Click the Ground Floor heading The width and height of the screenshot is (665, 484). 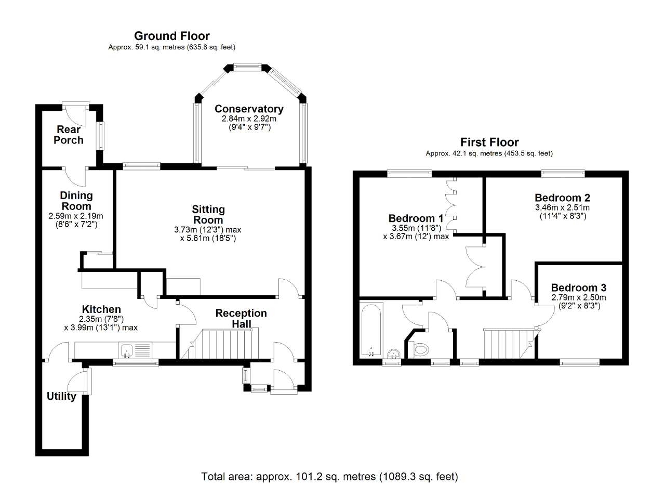pyautogui.click(x=171, y=36)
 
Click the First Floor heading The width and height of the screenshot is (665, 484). pyautogui.click(x=489, y=142)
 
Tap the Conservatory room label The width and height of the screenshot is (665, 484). pyautogui.click(x=249, y=109)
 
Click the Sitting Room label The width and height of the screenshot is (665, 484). pyautogui.click(x=208, y=214)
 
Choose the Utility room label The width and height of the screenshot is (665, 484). pyautogui.click(x=61, y=396)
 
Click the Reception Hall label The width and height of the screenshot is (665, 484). pyautogui.click(x=241, y=318)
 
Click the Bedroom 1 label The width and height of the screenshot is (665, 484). pyautogui.click(x=416, y=218)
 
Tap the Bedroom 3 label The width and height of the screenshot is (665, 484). pyautogui.click(x=579, y=287)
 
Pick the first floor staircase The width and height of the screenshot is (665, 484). pyautogui.click(x=507, y=343)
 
